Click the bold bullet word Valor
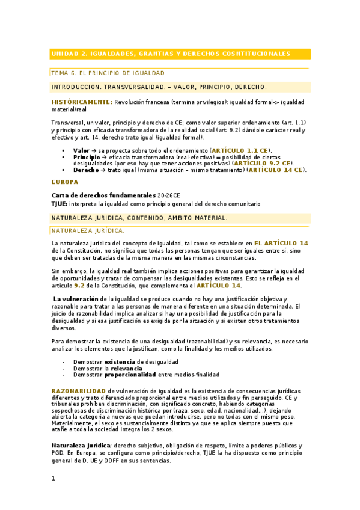point(81,150)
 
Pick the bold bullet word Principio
point(87,156)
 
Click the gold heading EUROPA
point(65,182)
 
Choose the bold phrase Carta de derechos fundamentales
point(103,195)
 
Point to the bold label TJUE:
point(59,204)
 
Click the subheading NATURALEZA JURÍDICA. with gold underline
point(88,230)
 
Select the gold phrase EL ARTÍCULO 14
point(281,242)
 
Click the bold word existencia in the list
point(120,361)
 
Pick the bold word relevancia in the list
point(127,368)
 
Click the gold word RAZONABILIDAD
point(79,391)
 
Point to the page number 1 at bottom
point(53,479)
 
